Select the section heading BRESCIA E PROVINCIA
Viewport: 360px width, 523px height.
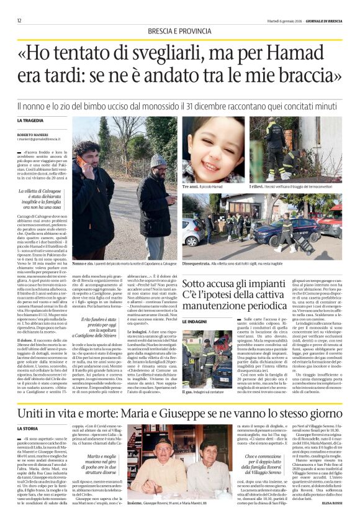click(179, 31)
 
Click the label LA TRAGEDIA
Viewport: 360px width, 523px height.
click(30, 120)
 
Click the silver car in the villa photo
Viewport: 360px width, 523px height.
click(191, 231)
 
